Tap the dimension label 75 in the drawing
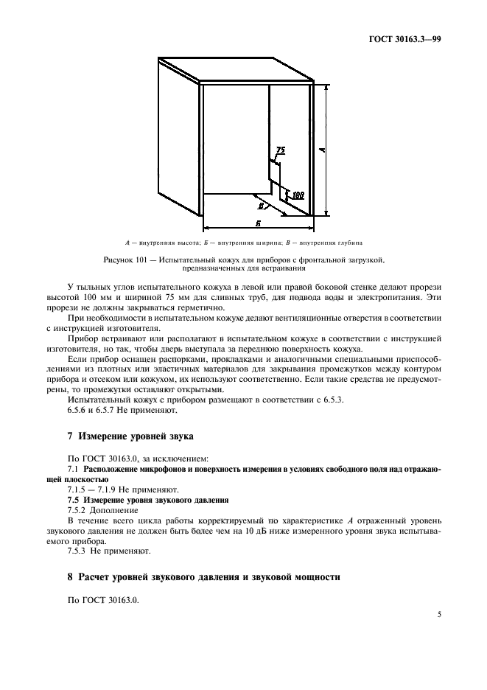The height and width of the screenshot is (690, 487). (x=280, y=150)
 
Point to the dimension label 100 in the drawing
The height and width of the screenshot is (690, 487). (x=298, y=195)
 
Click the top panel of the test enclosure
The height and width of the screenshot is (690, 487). (x=236, y=72)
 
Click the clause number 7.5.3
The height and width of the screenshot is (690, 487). (x=79, y=551)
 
